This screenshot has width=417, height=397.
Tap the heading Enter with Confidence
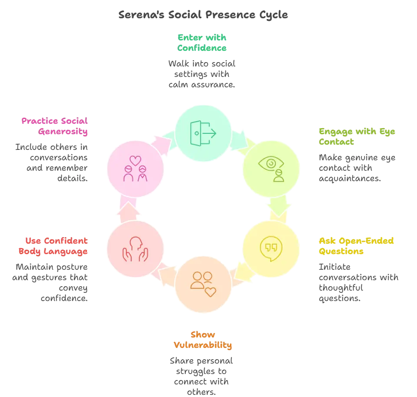point(202,43)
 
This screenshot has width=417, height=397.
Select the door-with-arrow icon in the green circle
point(203,133)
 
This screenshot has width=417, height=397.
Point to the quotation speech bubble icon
point(271,248)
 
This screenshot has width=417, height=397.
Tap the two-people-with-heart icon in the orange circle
point(203,284)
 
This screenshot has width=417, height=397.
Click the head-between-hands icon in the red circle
point(136,249)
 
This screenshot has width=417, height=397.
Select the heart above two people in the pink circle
point(136,161)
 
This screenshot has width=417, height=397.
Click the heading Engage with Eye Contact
point(357,136)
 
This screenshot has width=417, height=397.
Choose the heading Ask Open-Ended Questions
point(356,246)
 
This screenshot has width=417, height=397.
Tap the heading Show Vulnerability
point(203,340)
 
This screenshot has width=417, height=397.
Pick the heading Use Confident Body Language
point(53,246)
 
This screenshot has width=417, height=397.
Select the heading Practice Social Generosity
point(55,126)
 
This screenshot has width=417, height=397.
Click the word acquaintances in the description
point(350,179)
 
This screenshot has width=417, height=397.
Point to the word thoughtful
point(341,288)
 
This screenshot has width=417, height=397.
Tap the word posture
point(72,267)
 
